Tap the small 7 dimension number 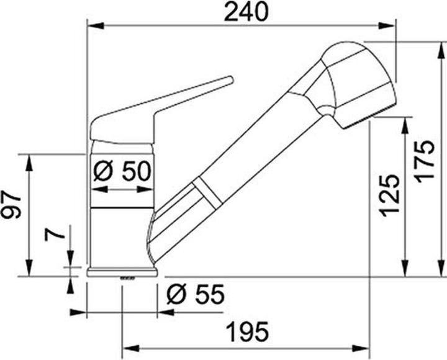pyautogui.click(x=54, y=235)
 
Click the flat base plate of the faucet pyautogui.click(x=122, y=271)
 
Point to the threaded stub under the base pyautogui.click(x=127, y=279)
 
